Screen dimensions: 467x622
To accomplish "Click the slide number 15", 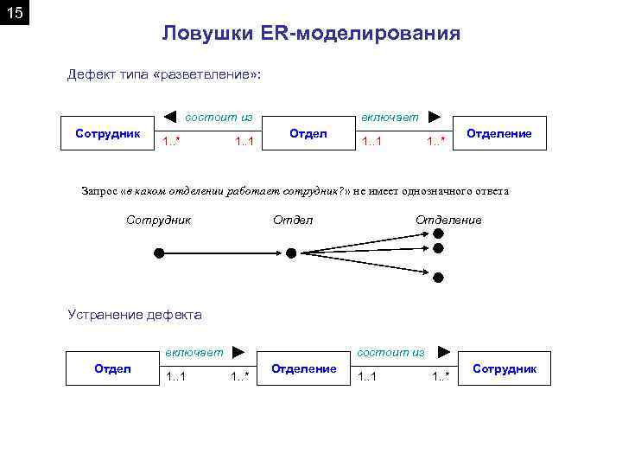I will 15,15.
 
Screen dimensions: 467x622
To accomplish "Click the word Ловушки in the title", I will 201,34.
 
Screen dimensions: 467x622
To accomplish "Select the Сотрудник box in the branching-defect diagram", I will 108,133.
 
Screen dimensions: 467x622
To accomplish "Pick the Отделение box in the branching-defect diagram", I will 499,133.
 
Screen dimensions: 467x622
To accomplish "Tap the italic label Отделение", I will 448,220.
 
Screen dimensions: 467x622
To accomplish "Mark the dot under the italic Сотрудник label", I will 159,253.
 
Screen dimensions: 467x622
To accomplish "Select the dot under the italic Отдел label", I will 291,253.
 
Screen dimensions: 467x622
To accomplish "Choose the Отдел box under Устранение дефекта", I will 111,369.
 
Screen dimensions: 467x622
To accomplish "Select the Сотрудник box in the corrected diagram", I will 505,369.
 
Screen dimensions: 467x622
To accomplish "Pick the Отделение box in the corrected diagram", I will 304,369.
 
